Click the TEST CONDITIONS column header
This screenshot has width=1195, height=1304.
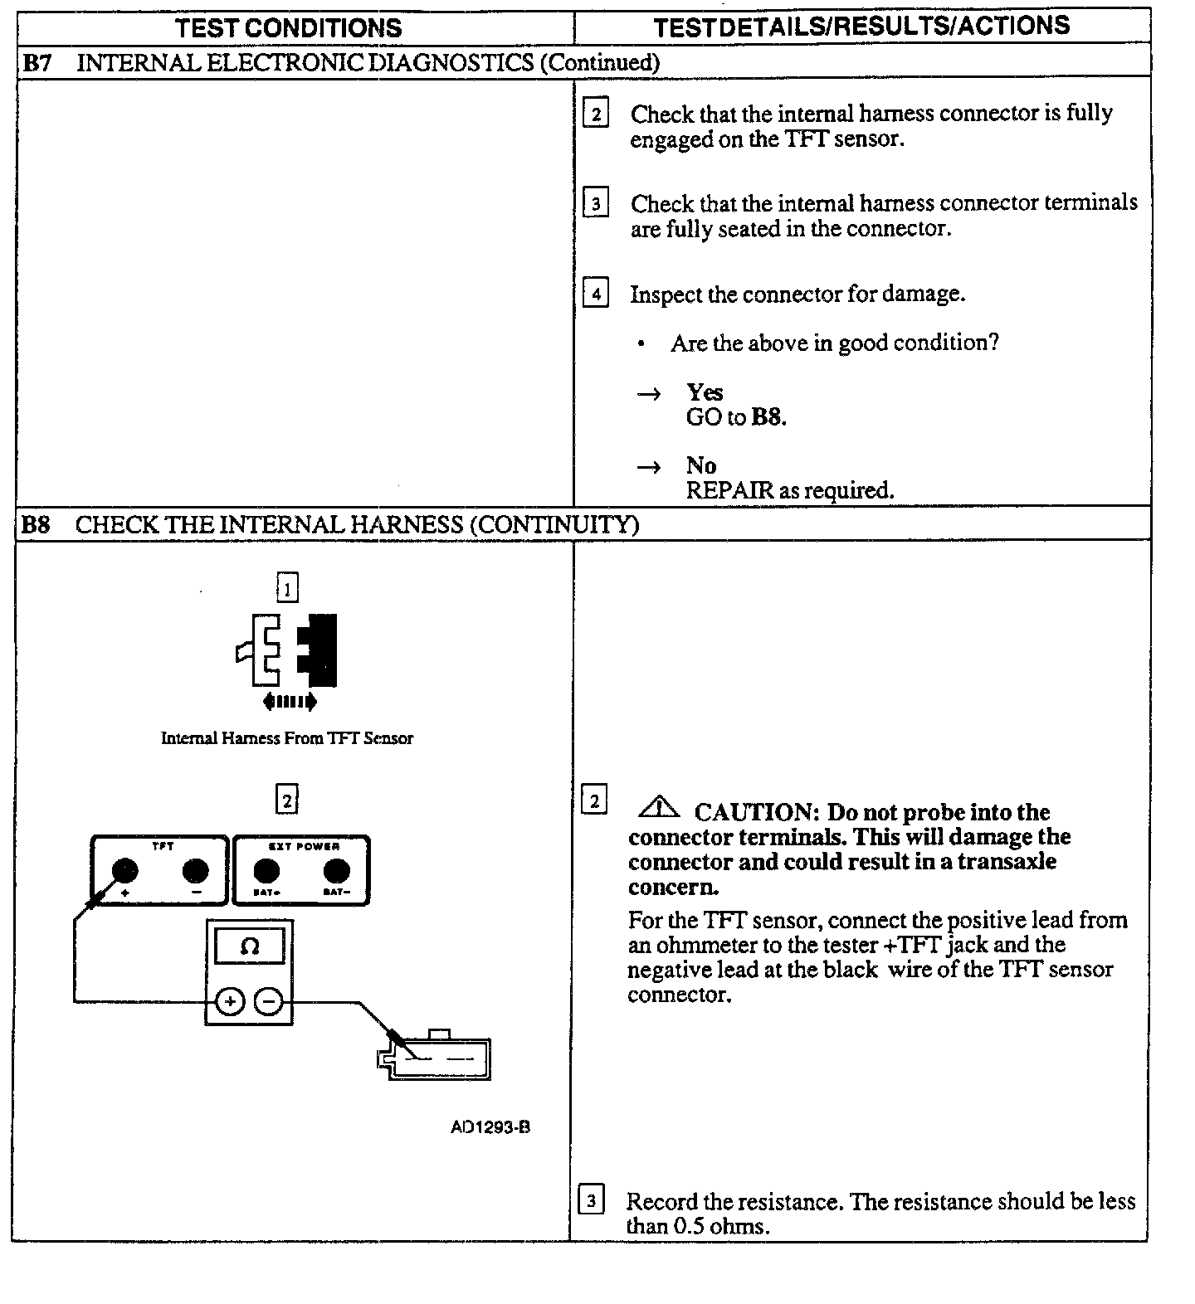pos(288,27)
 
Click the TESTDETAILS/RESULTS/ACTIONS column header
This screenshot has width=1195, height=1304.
pos(861,27)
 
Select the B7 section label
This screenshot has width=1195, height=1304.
pos(36,62)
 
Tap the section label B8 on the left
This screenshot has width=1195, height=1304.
pos(36,524)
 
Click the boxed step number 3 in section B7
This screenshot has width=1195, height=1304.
pos(595,203)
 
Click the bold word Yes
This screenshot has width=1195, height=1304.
pos(704,392)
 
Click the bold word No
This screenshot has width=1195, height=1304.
pos(700,465)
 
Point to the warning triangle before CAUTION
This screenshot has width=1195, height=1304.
pos(660,806)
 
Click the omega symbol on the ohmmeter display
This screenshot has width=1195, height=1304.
pos(249,946)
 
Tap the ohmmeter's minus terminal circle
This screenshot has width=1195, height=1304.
pos(268,1002)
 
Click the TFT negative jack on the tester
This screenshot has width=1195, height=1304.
pos(195,870)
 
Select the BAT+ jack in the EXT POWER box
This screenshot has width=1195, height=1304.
pos(266,870)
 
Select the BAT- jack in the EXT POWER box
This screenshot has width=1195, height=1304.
pos(336,870)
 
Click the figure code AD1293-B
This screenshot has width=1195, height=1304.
pos(490,1127)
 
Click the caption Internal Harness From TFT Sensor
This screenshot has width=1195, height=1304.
pos(286,738)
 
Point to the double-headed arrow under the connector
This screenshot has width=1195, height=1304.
pos(289,702)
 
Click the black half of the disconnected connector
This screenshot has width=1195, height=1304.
pos(319,650)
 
